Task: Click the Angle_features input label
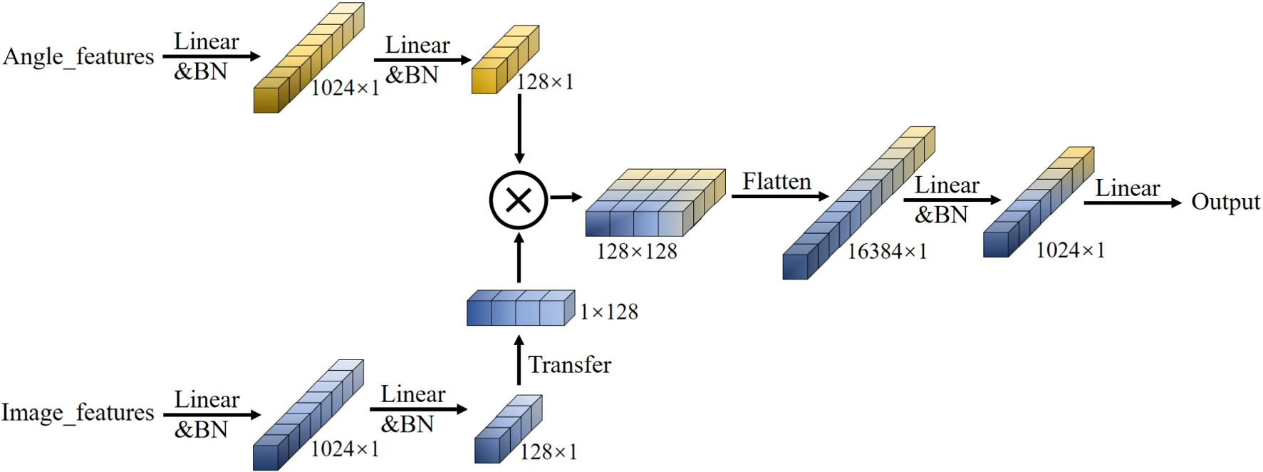point(78,56)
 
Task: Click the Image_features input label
point(78,412)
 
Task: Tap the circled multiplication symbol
point(519,200)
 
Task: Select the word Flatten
point(776,182)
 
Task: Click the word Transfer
point(569,365)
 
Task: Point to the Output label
point(1225,202)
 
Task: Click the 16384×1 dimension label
point(887,251)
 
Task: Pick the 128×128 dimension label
point(637,251)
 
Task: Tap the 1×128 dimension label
point(609,312)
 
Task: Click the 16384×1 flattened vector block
point(858,204)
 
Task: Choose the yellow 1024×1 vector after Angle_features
point(308,58)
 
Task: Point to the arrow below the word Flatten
point(780,196)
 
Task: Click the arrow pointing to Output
point(1132,203)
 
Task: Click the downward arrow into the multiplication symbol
point(519,128)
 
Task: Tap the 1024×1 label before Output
point(1070,250)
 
